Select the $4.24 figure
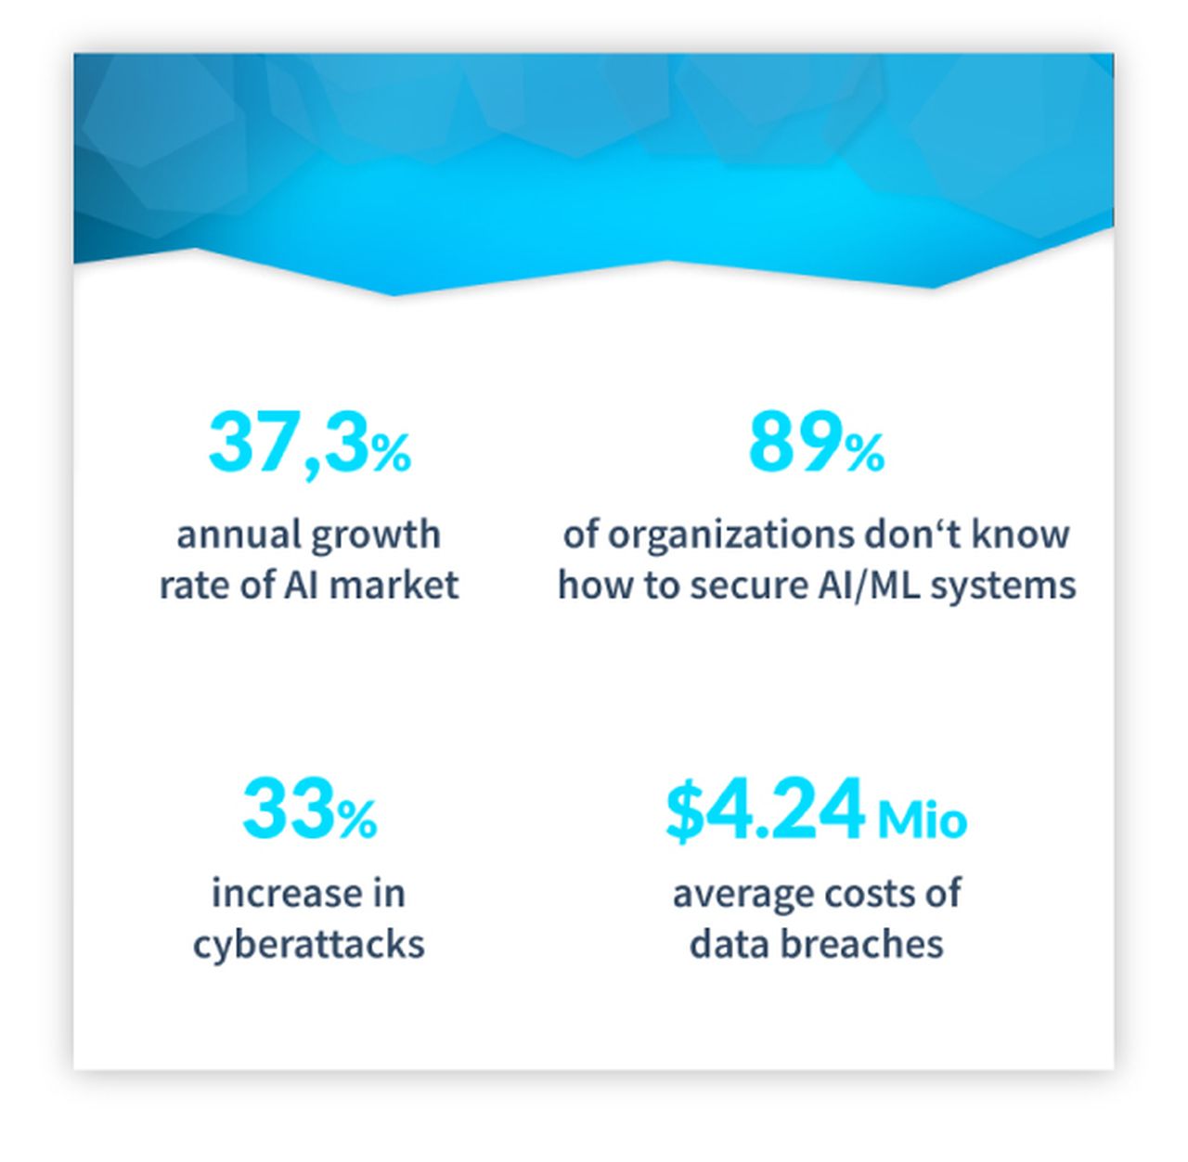765,811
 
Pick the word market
394,585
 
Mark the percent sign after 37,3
392,453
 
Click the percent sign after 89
864,453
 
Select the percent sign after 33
357,820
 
